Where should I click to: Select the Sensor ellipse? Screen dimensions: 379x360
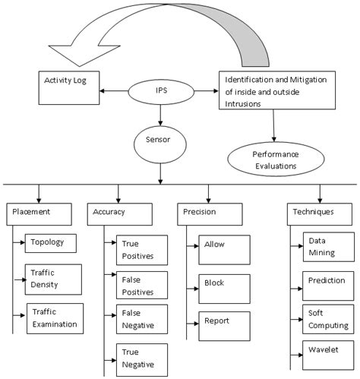(x=159, y=141)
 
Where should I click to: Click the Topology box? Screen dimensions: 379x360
(x=53, y=243)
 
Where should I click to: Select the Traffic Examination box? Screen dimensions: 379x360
(x=55, y=318)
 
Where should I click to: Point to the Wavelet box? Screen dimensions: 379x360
(x=327, y=353)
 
